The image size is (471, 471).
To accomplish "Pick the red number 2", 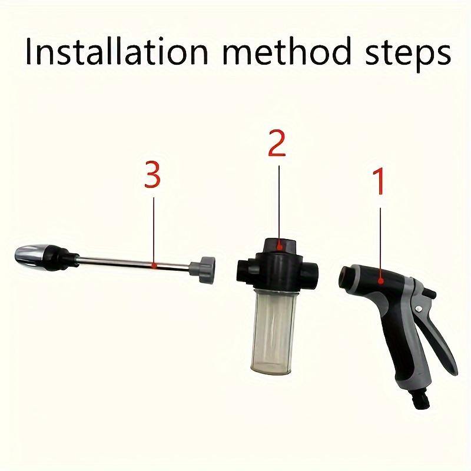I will click(277, 144).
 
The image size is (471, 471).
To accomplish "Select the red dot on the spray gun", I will click(382, 280).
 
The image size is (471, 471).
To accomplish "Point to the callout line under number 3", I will click(153, 230).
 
